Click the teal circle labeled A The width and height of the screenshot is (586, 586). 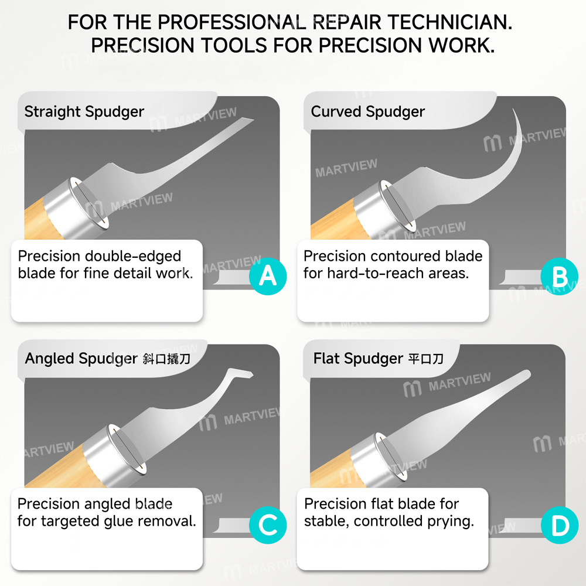pos(268,277)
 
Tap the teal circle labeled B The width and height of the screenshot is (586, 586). pos(560,277)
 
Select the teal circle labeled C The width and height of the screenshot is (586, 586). pos(268,524)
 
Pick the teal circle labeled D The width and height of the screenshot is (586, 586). pos(560,524)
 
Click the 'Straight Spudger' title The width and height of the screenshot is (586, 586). pos(84,112)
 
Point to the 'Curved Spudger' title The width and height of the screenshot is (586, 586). pos(368,112)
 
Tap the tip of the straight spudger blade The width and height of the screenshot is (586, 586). pos(253,120)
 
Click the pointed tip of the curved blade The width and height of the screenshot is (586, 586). pos(513,110)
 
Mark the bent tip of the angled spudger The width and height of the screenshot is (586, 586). pos(251,374)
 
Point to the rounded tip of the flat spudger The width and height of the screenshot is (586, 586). pos(527,373)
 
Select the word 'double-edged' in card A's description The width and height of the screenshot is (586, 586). pos(133,257)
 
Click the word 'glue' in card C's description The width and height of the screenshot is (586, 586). pos(116,522)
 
